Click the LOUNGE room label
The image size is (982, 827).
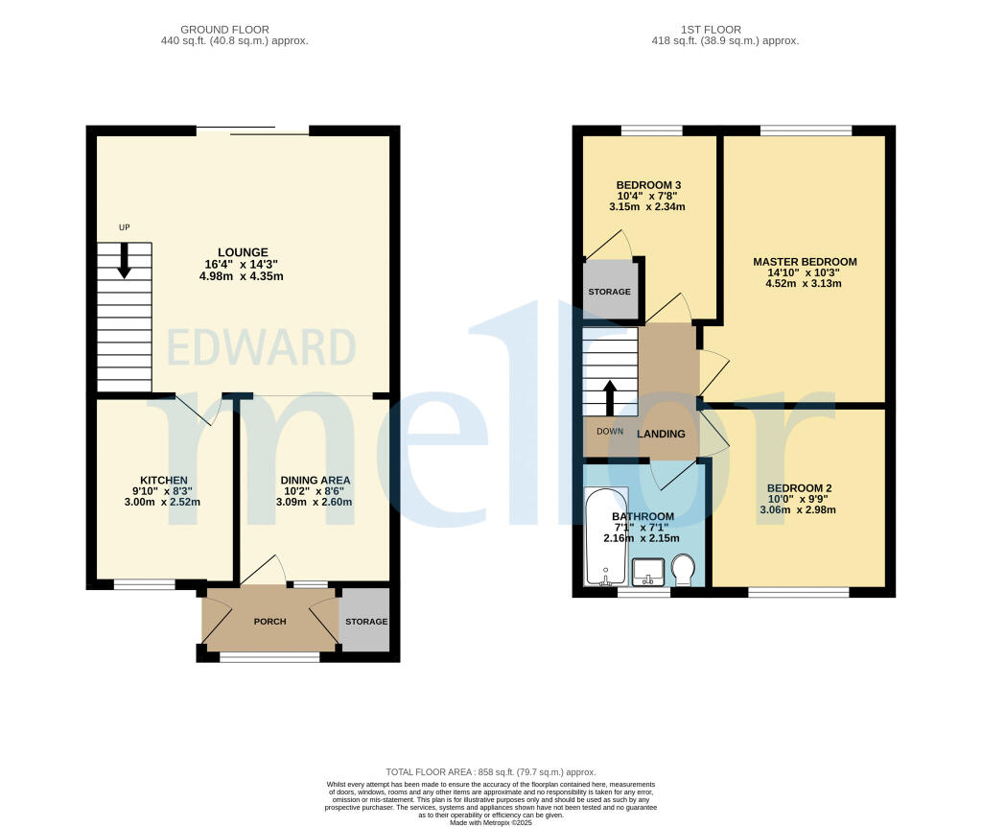pos(242,252)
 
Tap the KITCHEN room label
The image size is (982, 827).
pos(163,480)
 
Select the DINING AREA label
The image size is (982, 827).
pos(315,480)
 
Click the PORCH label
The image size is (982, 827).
pos(269,622)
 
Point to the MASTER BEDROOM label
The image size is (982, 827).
pos(805,261)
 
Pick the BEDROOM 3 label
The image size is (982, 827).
pos(649,184)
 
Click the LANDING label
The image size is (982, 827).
pos(662,434)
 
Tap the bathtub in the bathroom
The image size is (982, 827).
pos(605,539)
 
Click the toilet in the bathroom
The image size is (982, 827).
pos(684,572)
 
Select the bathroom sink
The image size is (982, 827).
pos(647,574)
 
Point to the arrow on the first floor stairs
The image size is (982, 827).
pos(610,397)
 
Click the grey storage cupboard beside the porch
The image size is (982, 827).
pos(366,622)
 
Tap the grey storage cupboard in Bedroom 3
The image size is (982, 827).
pos(609,292)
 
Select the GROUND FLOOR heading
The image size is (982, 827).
pos(224,30)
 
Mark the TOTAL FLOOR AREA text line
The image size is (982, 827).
pos(490,772)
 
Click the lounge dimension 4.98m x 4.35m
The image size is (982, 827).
pos(242,276)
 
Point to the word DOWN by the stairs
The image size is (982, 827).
pos(610,432)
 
